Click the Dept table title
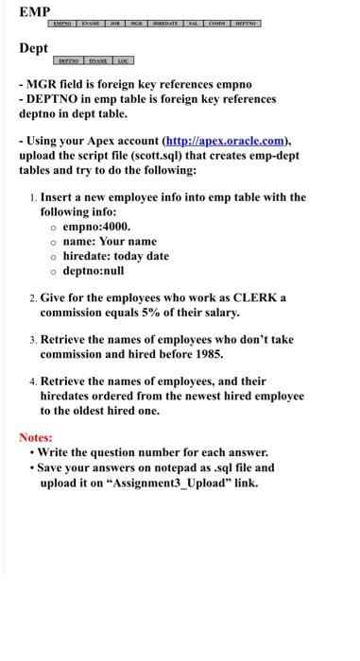point(34,47)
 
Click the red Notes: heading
point(36,438)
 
